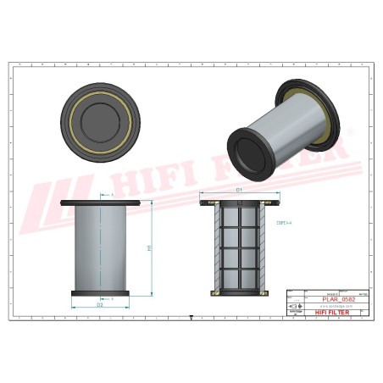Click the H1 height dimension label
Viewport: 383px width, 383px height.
(x=150, y=247)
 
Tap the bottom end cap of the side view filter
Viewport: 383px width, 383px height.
(x=100, y=293)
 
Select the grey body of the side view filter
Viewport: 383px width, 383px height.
(x=100, y=250)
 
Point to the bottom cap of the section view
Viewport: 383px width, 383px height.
(x=240, y=293)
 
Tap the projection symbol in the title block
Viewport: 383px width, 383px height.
(x=297, y=306)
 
